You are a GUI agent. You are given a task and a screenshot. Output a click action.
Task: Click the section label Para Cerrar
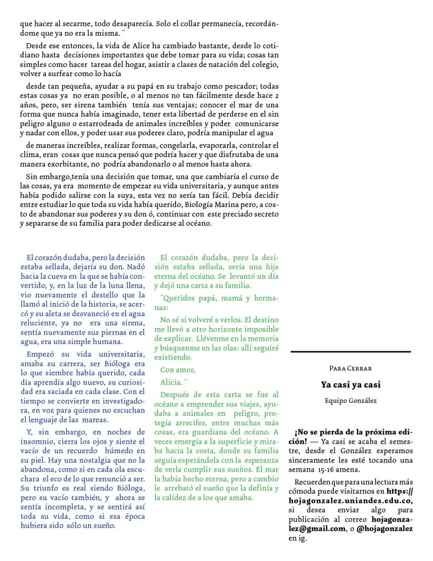click(x=350, y=368)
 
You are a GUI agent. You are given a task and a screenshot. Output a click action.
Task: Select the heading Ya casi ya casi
click(x=350, y=385)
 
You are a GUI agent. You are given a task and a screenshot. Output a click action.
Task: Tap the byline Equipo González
click(x=350, y=400)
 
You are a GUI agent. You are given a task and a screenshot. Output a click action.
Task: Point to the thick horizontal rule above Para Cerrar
click(x=350, y=352)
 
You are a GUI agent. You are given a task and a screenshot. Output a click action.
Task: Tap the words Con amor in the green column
click(x=177, y=370)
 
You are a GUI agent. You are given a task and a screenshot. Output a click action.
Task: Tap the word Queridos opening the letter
click(x=181, y=298)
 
